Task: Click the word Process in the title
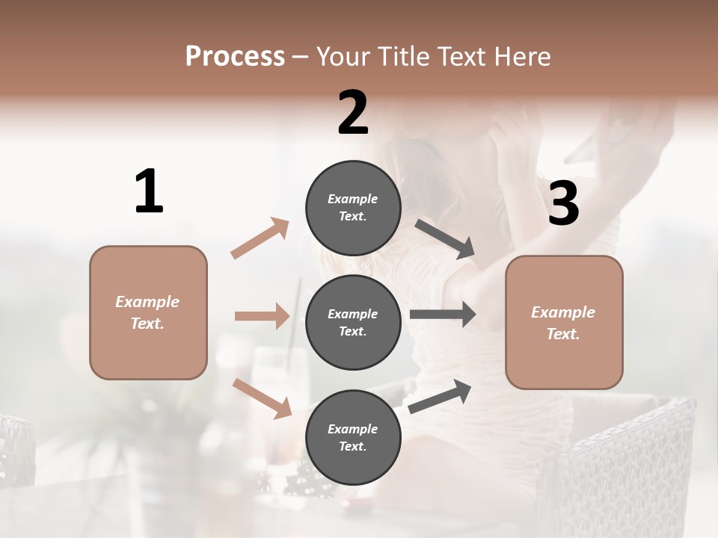click(235, 57)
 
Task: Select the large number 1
click(149, 192)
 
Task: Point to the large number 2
click(353, 114)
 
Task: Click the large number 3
click(563, 204)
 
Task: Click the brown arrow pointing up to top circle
click(260, 238)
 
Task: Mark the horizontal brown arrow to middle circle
click(262, 316)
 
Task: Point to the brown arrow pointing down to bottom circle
click(263, 398)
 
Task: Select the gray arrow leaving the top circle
click(445, 239)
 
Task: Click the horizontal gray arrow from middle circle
click(443, 315)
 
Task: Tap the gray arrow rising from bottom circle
click(440, 396)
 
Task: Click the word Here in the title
click(523, 57)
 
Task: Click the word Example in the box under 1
click(147, 302)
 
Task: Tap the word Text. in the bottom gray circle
click(352, 446)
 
